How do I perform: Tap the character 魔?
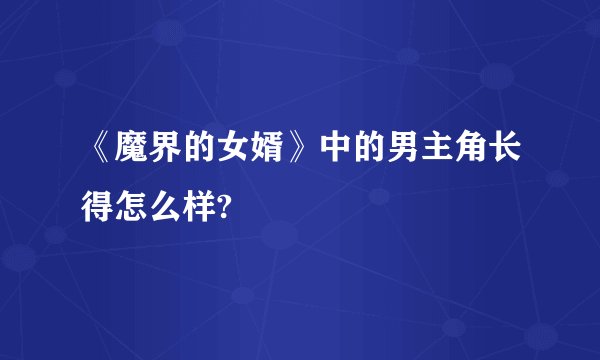pyautogui.click(x=132, y=155)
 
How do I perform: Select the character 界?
pyautogui.click(x=170, y=155)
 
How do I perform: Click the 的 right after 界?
pyautogui.click(x=208, y=155)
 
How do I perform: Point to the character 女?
pyautogui.click(x=246, y=155)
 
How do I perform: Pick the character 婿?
pyautogui.click(x=284, y=155)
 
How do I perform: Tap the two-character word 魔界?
pyautogui.click(x=151, y=155)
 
